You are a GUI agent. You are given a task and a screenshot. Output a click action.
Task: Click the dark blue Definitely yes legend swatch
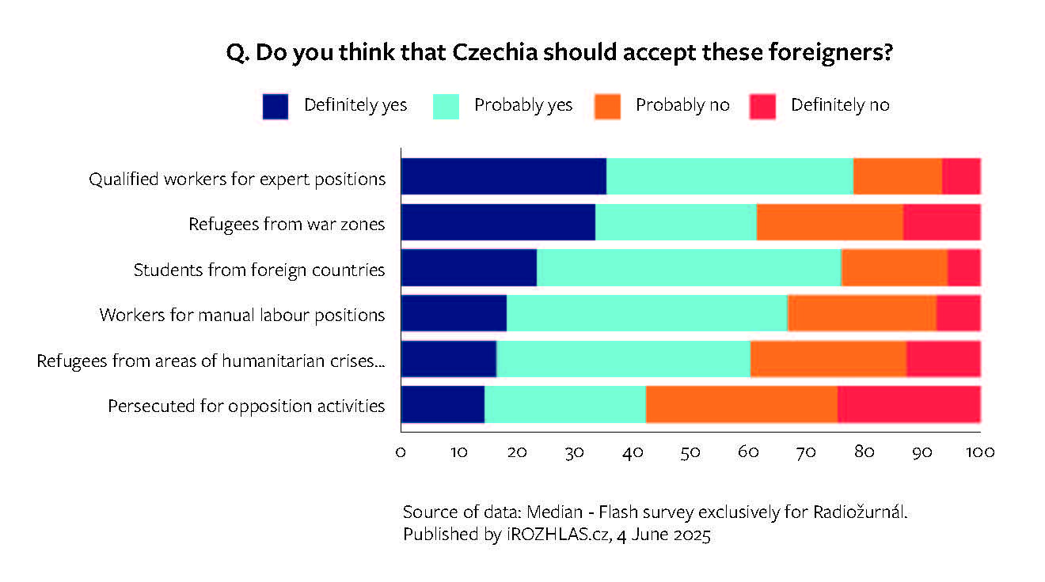coord(275,106)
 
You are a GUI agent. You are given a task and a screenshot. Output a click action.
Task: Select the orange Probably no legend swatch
coord(607,106)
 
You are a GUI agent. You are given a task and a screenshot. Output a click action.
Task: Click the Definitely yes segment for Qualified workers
coord(503,176)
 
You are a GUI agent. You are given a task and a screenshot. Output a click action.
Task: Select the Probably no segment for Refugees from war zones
coord(830,222)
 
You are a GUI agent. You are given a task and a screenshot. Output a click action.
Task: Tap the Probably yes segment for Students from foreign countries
coord(689,267)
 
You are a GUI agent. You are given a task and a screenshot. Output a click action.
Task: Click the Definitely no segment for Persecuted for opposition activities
coord(909,405)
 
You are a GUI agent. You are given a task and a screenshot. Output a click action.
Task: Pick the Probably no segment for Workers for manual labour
coord(861,314)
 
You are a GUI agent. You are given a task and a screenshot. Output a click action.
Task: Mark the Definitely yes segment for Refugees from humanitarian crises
coord(449,360)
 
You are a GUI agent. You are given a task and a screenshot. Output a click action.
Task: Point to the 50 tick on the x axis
coord(690,452)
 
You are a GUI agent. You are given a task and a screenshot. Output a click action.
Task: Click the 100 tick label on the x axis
coord(980,452)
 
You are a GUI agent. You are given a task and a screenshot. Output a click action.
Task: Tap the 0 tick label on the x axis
coord(401,452)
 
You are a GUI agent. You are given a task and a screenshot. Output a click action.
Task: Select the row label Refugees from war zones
coord(287,225)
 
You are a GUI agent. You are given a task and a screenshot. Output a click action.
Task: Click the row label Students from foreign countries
coord(259,270)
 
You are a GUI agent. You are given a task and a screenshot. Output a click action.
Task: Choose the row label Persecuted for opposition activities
coord(246,406)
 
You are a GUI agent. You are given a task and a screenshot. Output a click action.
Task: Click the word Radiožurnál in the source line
coord(858,512)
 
